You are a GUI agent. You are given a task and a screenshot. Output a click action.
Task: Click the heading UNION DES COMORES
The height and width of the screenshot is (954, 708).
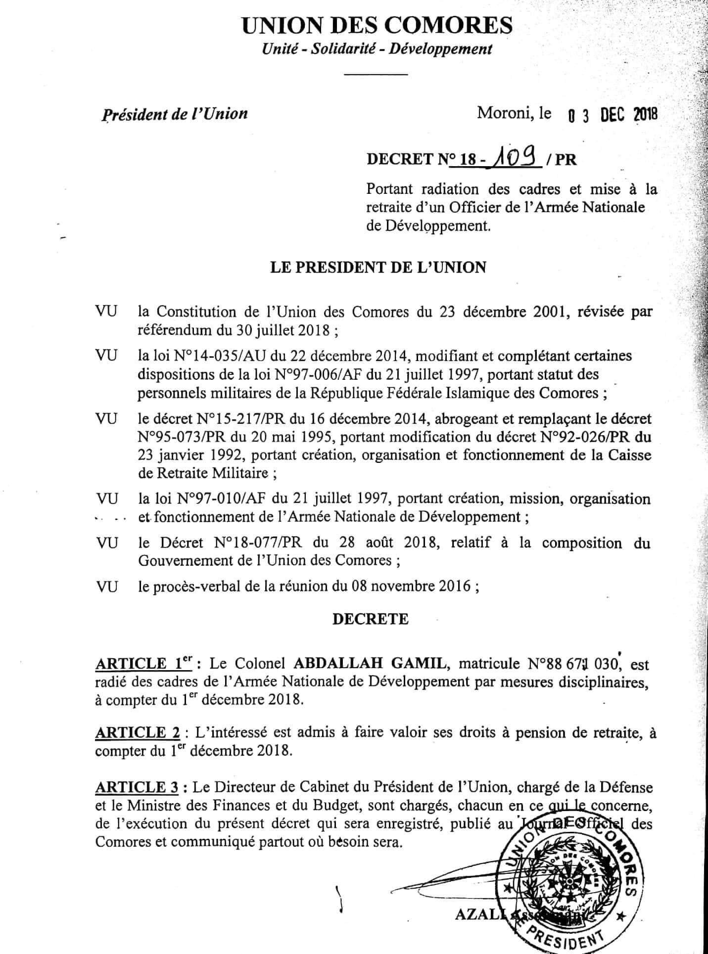point(377,25)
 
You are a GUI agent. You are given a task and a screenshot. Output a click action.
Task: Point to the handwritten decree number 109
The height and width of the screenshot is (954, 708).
point(513,159)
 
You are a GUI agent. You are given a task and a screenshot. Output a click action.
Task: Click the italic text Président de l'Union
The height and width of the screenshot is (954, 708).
point(175,114)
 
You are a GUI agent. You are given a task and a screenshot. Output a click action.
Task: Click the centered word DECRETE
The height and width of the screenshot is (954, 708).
point(371,619)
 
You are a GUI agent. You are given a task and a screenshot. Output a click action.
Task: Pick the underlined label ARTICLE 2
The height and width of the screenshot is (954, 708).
point(137,733)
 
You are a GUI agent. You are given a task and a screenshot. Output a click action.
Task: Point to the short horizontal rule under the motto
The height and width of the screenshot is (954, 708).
point(376,74)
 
